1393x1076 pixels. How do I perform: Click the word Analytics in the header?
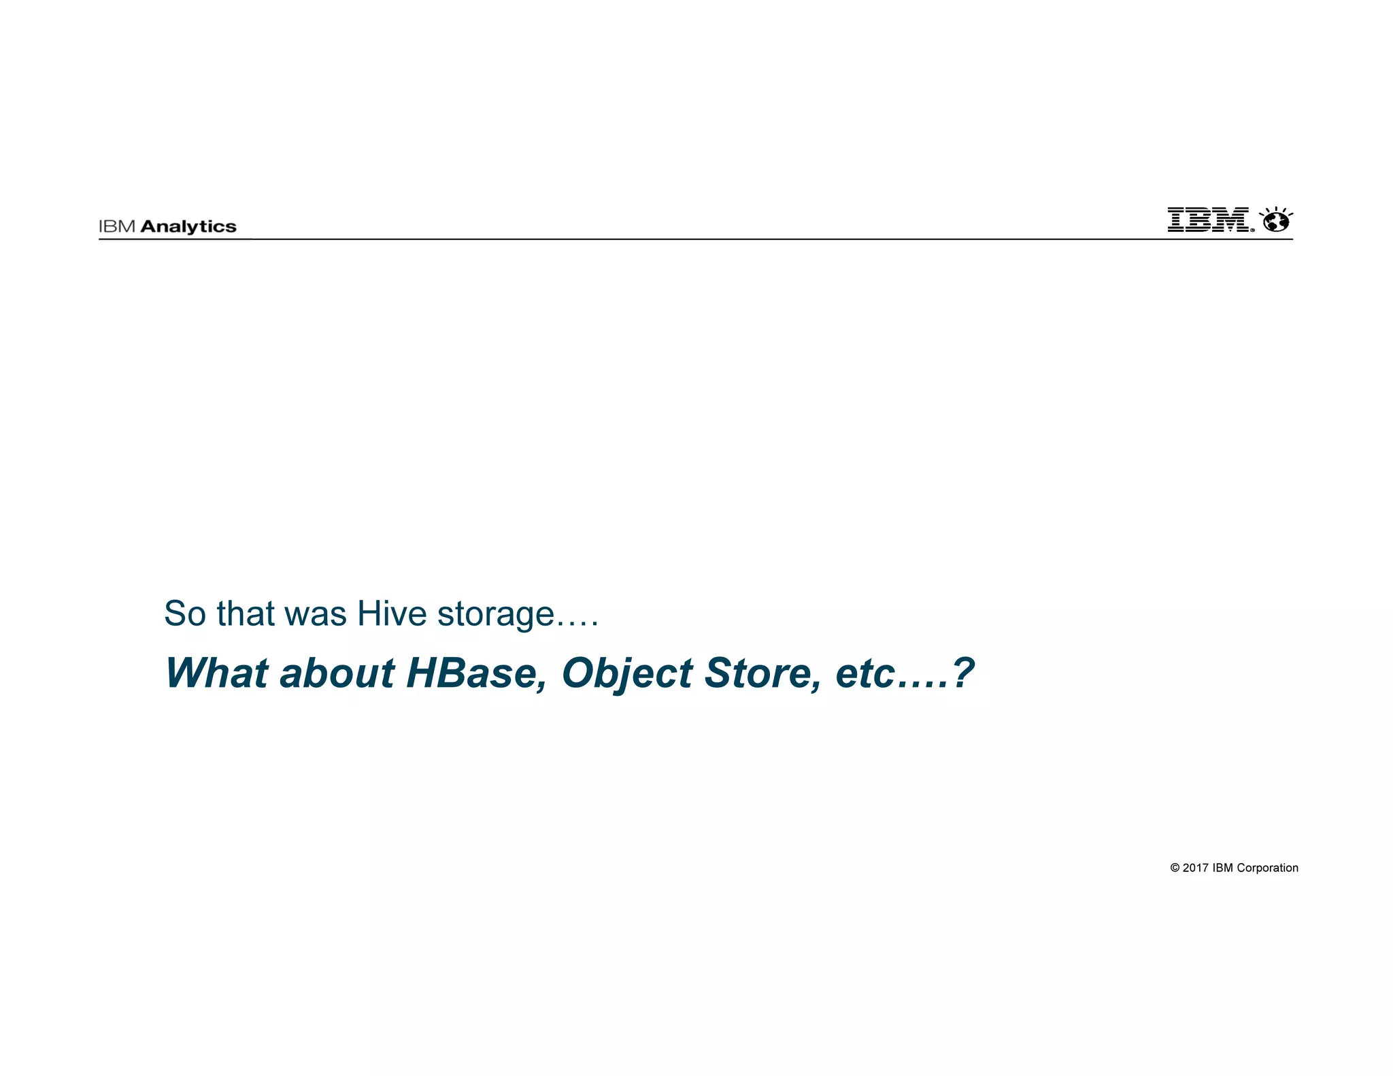[x=188, y=227]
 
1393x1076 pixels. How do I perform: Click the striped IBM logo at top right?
[x=1208, y=220]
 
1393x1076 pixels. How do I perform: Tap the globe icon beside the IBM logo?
[x=1276, y=220]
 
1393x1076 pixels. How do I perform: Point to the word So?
[x=184, y=613]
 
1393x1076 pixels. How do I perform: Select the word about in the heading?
[x=337, y=673]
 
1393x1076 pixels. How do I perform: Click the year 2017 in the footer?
[x=1195, y=868]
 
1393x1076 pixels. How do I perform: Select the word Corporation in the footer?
[x=1267, y=868]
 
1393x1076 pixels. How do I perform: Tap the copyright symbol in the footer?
[x=1175, y=868]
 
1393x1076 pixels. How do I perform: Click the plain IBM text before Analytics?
[x=117, y=227]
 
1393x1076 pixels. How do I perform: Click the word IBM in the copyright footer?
[x=1223, y=868]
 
